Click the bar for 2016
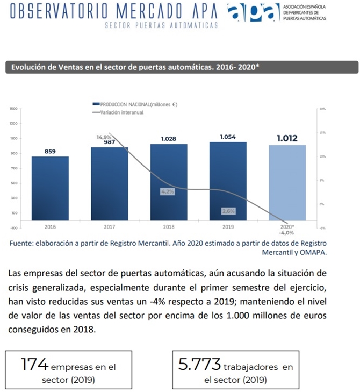(x=50, y=188)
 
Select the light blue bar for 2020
(x=287, y=182)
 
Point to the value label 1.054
(x=228, y=137)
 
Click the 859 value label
(x=50, y=152)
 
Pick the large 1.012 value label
(x=287, y=138)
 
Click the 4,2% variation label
(x=168, y=191)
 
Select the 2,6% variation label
(x=228, y=211)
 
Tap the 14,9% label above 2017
(x=104, y=137)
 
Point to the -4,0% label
(x=286, y=233)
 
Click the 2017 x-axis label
(x=110, y=227)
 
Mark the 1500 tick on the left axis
(x=13, y=109)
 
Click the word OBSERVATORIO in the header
(x=54, y=12)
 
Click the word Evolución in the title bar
(x=30, y=67)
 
